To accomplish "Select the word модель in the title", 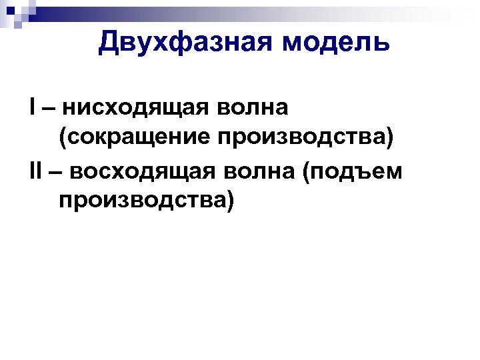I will click(x=335, y=43).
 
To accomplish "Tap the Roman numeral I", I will click(x=33, y=107).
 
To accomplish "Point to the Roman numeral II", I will click(x=35, y=171).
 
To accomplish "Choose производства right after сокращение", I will click(x=297, y=138).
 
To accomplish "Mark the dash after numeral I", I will click(x=49, y=108).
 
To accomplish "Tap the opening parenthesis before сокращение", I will click(x=63, y=139).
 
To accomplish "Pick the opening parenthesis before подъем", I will click(x=307, y=171).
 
